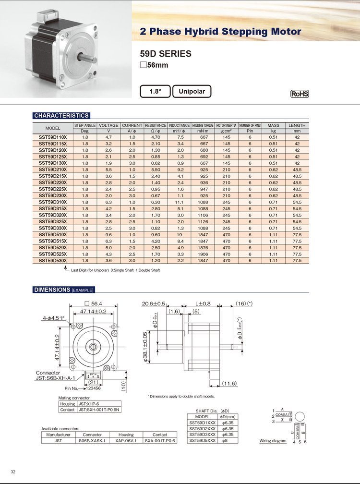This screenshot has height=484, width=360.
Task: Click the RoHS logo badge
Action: tap(300, 94)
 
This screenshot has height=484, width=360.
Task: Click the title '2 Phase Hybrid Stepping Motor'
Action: tap(220, 32)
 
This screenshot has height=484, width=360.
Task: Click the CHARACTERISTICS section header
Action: tap(61, 115)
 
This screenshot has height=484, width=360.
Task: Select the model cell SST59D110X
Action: tap(53, 137)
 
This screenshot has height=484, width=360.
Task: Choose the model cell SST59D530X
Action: tap(53, 260)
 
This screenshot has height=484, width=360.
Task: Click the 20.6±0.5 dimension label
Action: tap(154, 303)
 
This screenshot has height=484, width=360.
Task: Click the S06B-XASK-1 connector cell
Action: tap(92, 440)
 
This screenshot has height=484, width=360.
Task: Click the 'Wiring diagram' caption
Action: tap(273, 441)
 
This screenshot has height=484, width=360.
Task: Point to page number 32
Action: tap(13, 472)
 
